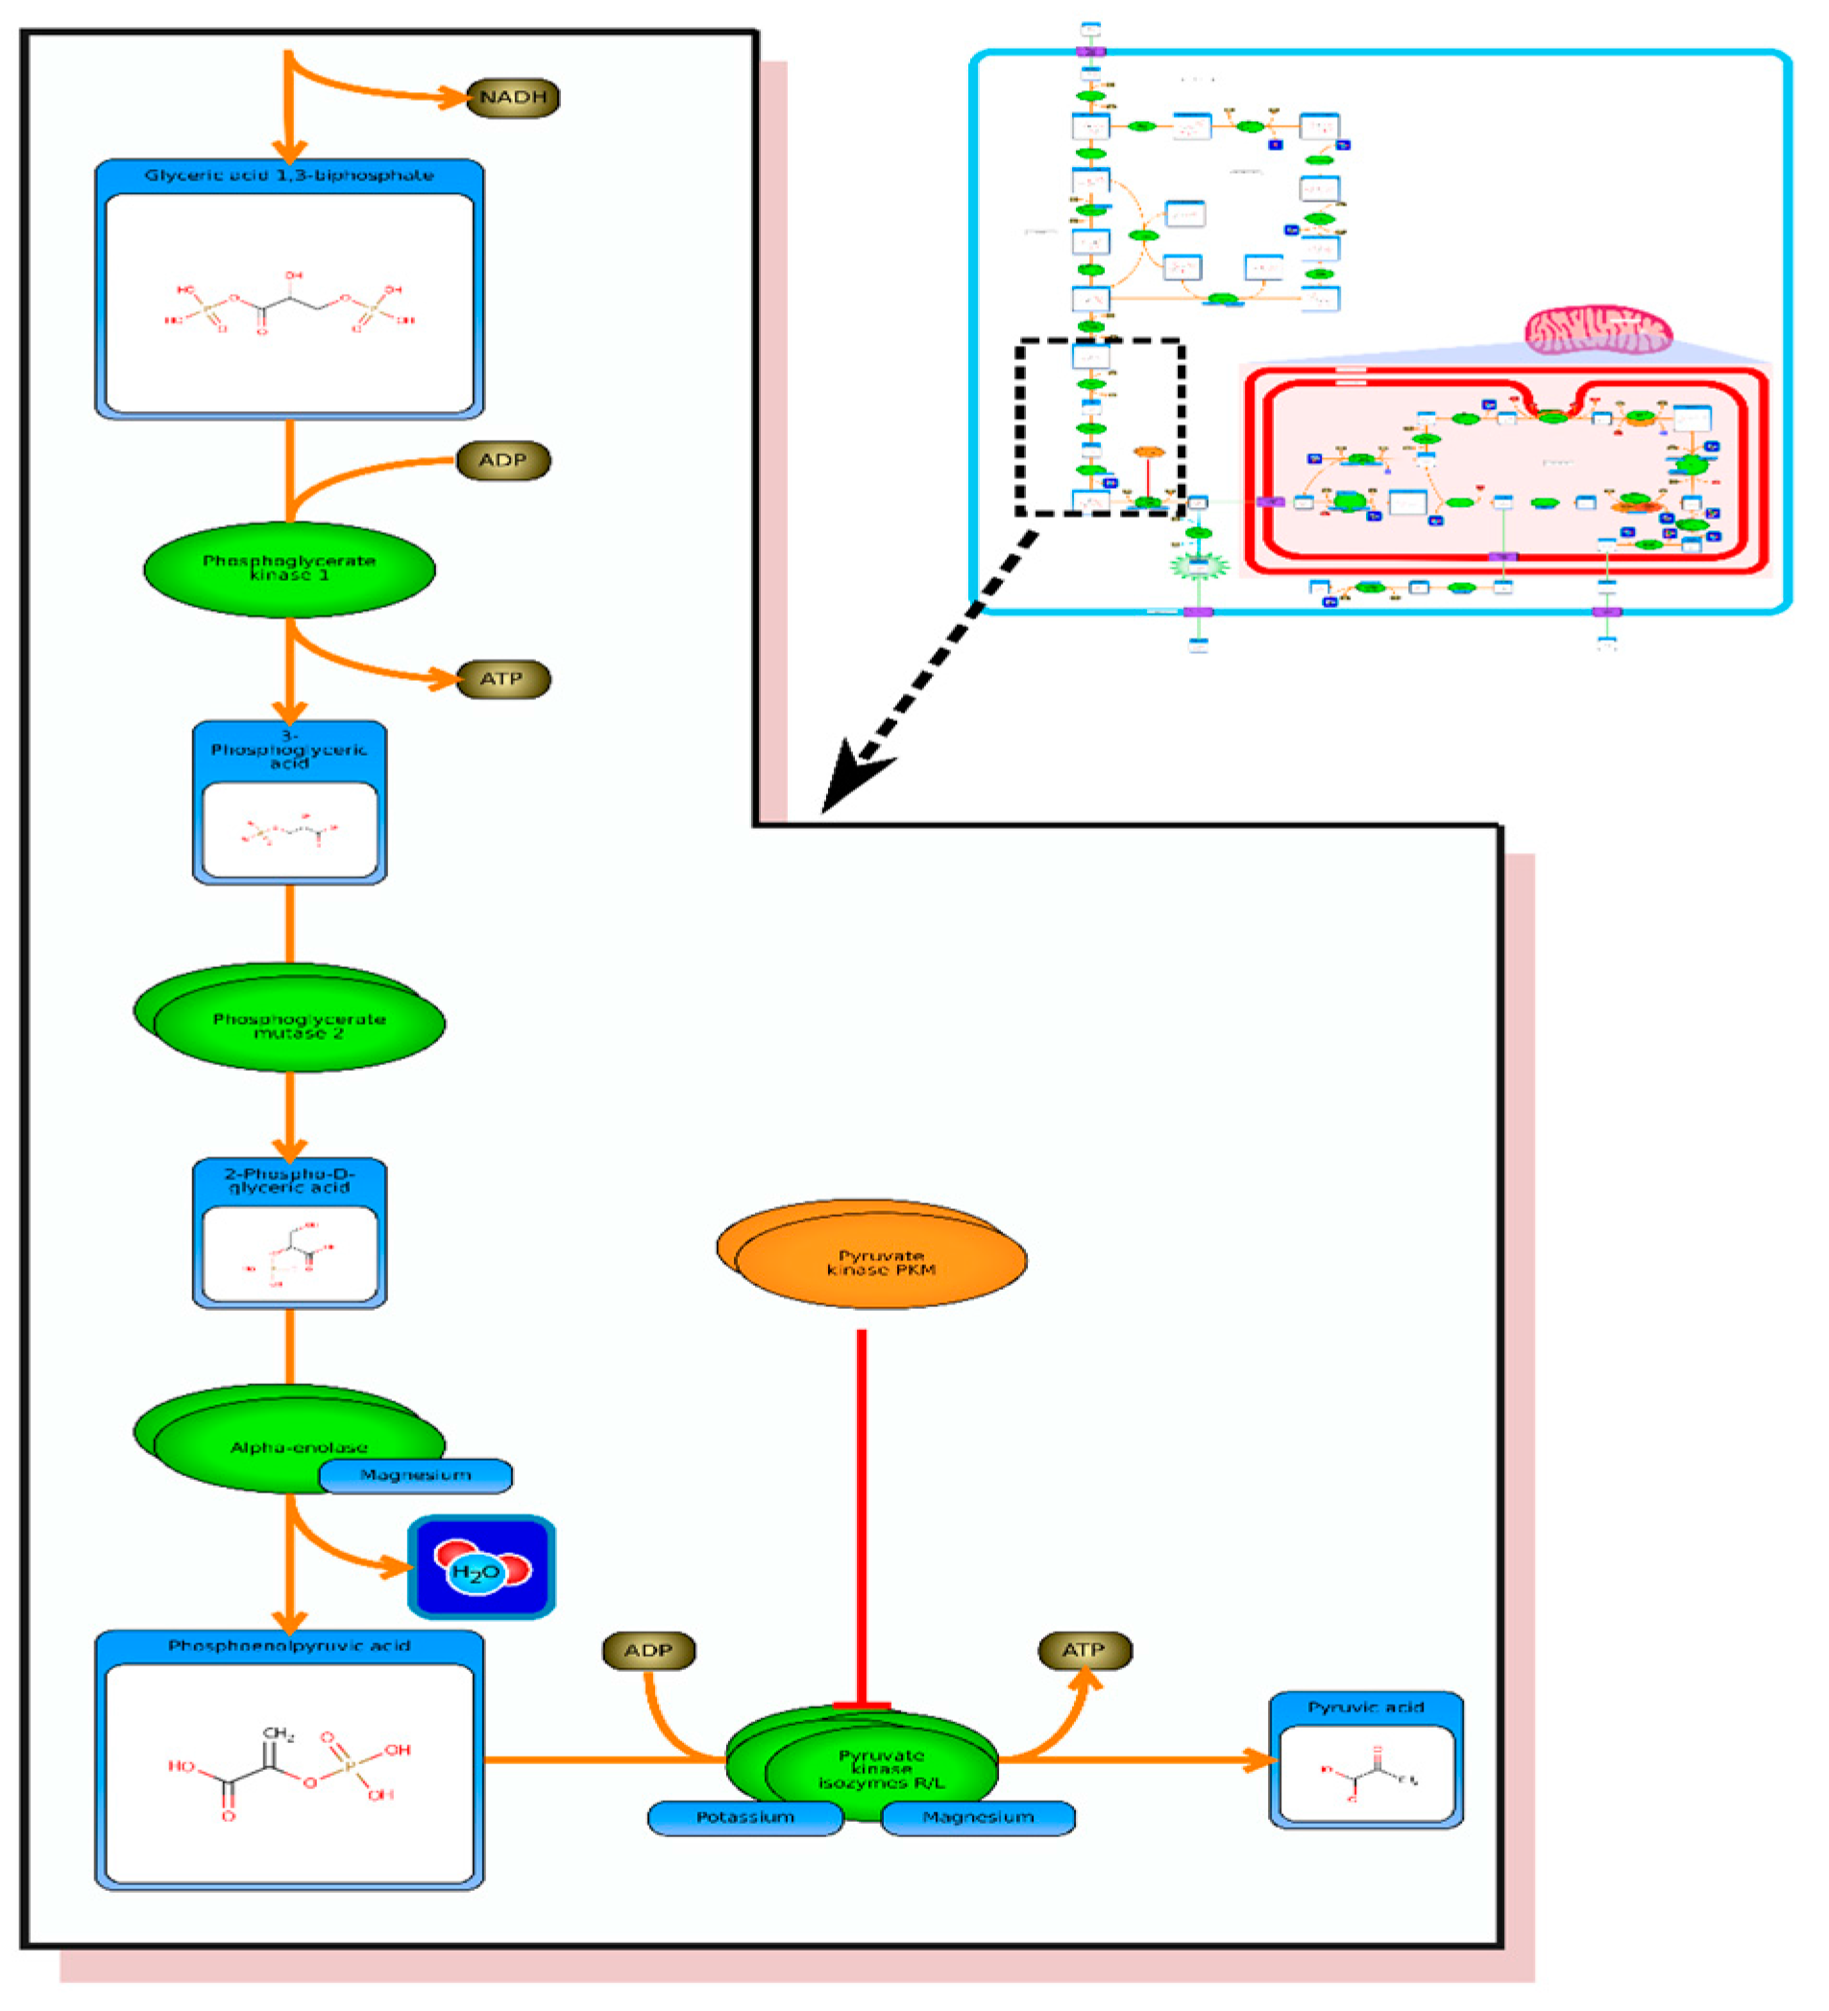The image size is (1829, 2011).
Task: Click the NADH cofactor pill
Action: click(513, 98)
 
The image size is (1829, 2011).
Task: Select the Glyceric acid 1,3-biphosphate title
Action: click(289, 176)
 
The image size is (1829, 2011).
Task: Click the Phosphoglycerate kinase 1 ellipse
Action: click(289, 569)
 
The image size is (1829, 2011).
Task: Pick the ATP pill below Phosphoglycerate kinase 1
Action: click(501, 679)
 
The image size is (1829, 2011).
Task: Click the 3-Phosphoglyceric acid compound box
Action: click(289, 804)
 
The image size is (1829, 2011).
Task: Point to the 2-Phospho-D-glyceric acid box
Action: click(289, 1235)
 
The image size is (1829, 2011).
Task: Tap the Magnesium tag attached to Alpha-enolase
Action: click(415, 1475)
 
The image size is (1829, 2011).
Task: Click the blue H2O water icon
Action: click(481, 1568)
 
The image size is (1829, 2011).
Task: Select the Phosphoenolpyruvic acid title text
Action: click(289, 1646)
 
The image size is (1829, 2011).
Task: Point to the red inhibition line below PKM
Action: click(861, 1516)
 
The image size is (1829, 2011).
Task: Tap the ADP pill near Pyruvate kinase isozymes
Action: click(648, 1651)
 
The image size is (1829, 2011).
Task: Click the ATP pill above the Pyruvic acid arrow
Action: click(1085, 1651)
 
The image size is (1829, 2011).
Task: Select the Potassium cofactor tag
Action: click(745, 1817)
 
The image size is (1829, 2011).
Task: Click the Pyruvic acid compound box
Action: click(1365, 1760)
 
